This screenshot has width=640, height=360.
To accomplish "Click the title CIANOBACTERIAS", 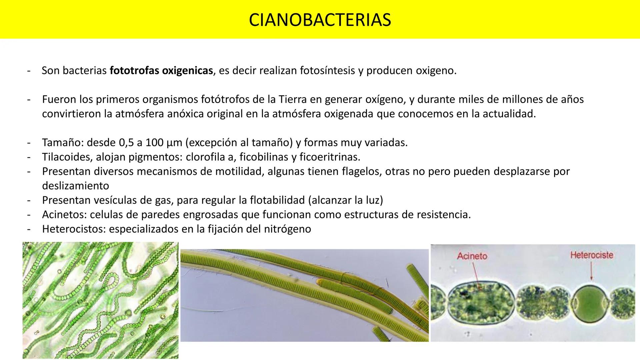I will point(320,20).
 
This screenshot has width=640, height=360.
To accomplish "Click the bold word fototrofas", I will point(134,71).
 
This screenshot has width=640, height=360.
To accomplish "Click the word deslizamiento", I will point(75,186).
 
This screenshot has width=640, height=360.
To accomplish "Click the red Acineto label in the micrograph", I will point(472,256).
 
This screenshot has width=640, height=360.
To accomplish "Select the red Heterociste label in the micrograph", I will point(592,255).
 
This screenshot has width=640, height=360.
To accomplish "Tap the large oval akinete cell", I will point(480,302).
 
